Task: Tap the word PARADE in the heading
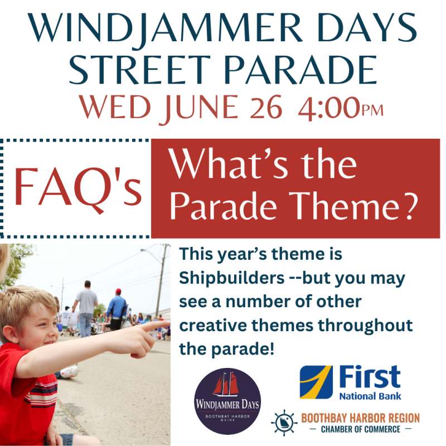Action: (x=300, y=70)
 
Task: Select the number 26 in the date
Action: (x=266, y=107)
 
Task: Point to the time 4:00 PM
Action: (x=341, y=109)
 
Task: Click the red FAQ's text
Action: (x=78, y=188)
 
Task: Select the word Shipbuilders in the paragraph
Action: (x=232, y=278)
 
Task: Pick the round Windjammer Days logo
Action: (x=227, y=401)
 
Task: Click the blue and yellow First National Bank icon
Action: (x=316, y=382)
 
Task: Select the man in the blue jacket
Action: (x=117, y=310)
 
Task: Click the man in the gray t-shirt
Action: (x=86, y=309)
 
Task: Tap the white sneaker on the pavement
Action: (x=69, y=371)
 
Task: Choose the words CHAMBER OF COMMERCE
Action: (x=360, y=429)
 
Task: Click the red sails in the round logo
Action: (x=226, y=384)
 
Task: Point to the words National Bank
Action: (x=370, y=396)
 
